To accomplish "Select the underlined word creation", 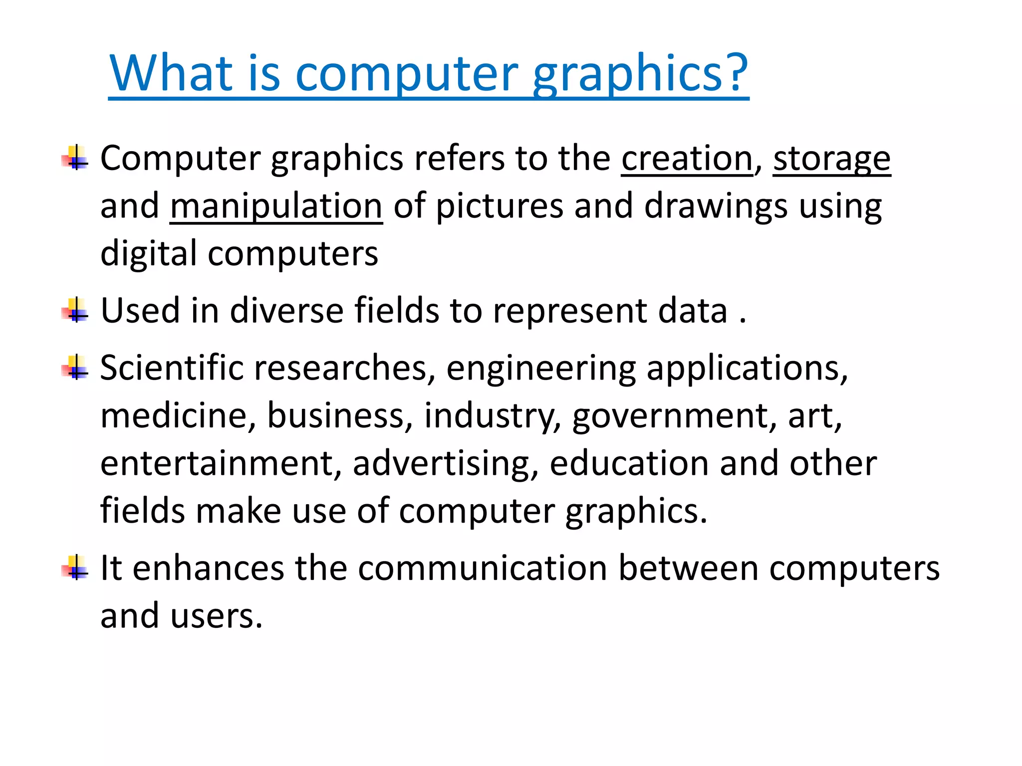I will point(687,159).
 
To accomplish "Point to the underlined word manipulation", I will point(276,206).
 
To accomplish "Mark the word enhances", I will point(209,568).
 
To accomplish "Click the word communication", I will point(482,568).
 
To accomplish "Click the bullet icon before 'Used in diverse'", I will point(75,311).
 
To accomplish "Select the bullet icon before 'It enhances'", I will point(75,568).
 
